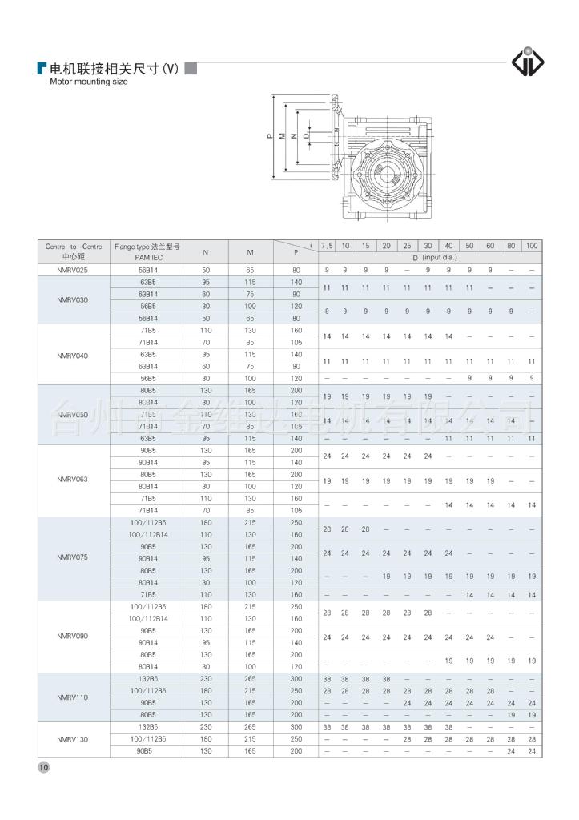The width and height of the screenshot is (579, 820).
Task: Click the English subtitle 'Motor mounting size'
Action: (x=89, y=82)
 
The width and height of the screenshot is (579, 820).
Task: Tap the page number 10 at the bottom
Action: (x=44, y=767)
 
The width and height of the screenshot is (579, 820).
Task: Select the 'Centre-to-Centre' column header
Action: (x=74, y=247)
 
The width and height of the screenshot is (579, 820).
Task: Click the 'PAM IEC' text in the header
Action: (x=147, y=258)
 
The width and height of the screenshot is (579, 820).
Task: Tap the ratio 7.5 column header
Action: (x=327, y=246)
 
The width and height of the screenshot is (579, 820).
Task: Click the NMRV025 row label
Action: (x=74, y=270)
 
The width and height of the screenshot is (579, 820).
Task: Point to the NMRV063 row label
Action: (x=74, y=480)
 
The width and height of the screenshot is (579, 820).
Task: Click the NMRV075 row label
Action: (x=74, y=557)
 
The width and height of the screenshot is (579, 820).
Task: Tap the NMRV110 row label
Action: (x=74, y=697)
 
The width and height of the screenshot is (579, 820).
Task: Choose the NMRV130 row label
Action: (x=74, y=738)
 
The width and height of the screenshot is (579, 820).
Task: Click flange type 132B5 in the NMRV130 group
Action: (x=147, y=726)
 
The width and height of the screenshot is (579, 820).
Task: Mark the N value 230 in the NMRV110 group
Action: (x=206, y=678)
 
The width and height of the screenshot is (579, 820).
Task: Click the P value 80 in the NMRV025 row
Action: (x=296, y=270)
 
